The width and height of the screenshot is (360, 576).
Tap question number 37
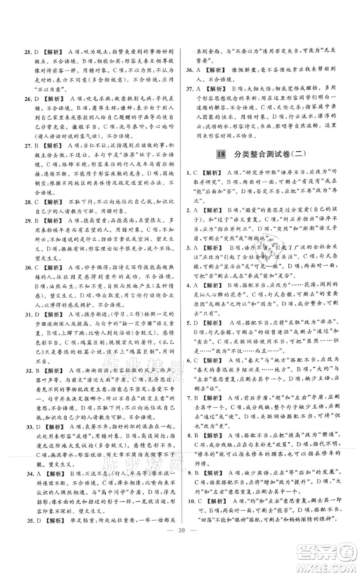click(189, 89)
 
